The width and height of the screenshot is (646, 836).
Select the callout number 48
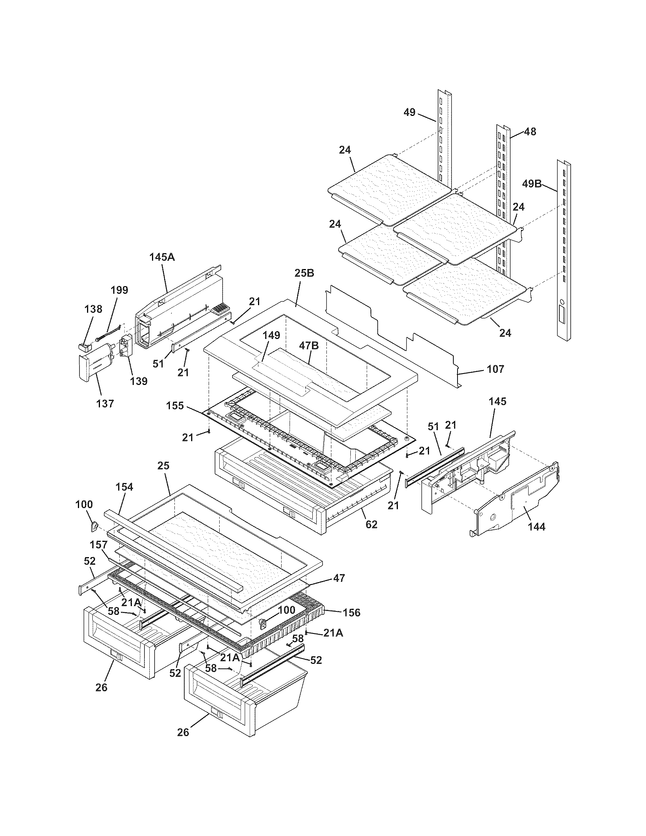(x=530, y=132)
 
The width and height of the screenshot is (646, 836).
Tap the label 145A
(x=162, y=257)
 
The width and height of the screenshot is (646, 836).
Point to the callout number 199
(x=119, y=290)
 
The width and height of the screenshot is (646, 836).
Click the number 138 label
(x=93, y=309)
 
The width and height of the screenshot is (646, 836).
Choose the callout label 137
(x=105, y=404)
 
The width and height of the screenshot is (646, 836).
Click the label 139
(x=139, y=381)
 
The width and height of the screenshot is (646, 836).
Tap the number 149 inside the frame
(x=271, y=336)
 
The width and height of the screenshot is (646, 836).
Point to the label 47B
(x=309, y=346)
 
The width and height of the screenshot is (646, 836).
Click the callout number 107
(x=496, y=369)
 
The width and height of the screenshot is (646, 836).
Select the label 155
(x=175, y=405)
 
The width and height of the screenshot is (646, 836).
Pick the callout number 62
(x=372, y=524)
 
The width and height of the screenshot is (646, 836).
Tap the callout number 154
(x=124, y=487)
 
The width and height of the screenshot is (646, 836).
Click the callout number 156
(x=352, y=613)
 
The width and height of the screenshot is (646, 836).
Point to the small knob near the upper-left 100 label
(x=94, y=527)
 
